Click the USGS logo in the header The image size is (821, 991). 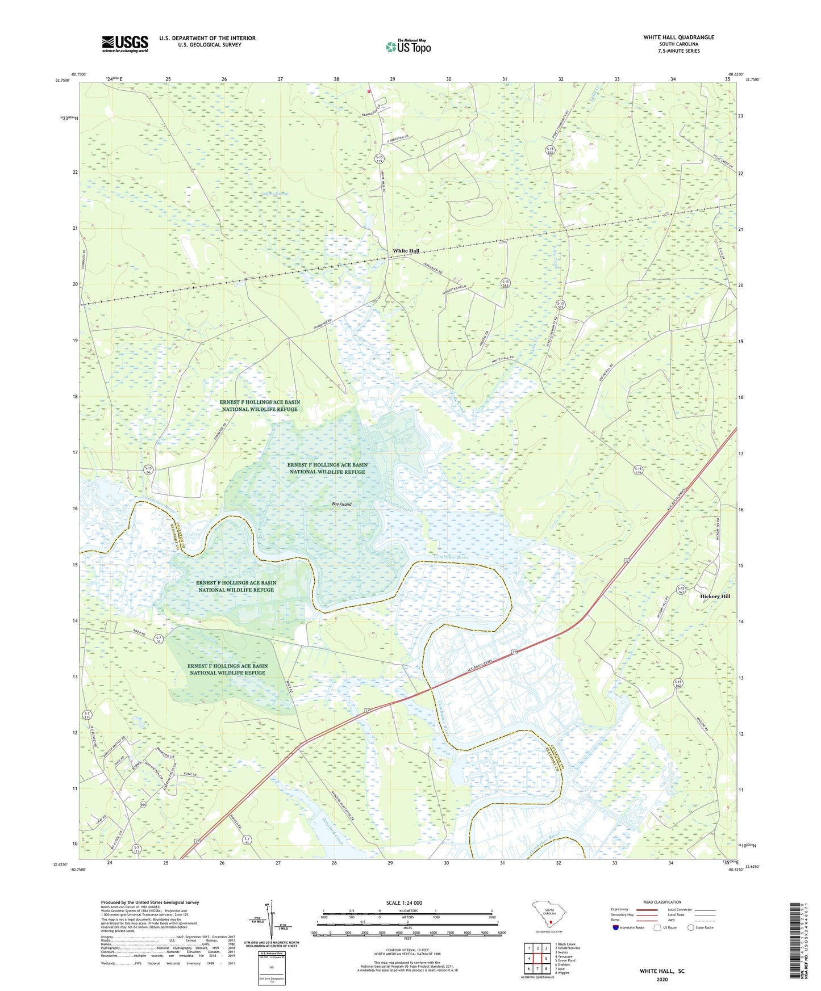[x=125, y=44]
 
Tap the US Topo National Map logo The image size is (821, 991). [x=408, y=46]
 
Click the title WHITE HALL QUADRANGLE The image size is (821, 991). [x=678, y=37]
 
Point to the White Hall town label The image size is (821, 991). [x=406, y=251]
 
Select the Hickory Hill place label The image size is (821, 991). [x=715, y=597]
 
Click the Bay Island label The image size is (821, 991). [x=341, y=504]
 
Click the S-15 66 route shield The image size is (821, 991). [x=148, y=470]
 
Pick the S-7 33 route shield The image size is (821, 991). [x=160, y=640]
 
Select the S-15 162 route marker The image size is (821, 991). [x=678, y=683]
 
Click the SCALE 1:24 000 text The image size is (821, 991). [x=404, y=902]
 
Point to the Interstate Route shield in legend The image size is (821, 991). [x=616, y=927]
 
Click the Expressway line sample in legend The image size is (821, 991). [x=646, y=909]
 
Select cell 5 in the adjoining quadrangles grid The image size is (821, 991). [x=546, y=958]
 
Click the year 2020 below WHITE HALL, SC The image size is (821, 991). [x=662, y=979]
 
